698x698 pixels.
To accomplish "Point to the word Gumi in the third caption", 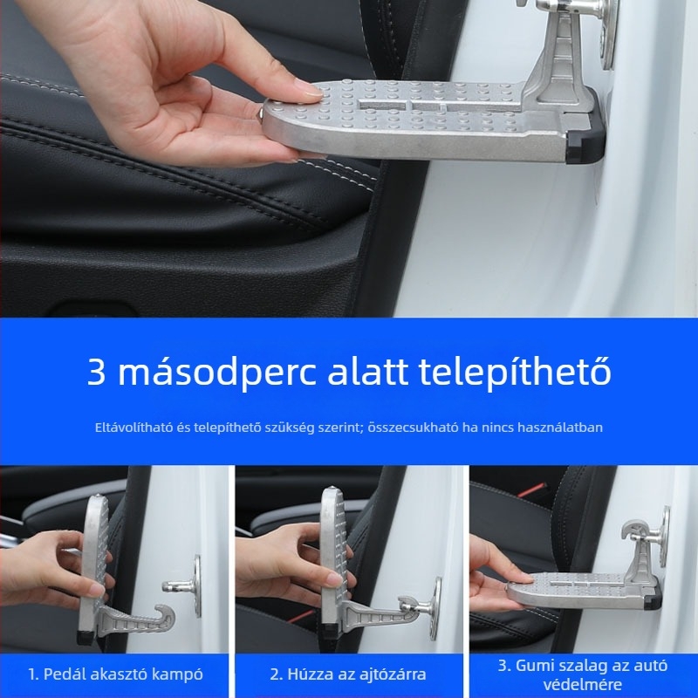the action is (536, 666).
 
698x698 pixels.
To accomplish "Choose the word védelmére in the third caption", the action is (582, 685).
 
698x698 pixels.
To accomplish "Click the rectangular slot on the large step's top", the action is (383, 105).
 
